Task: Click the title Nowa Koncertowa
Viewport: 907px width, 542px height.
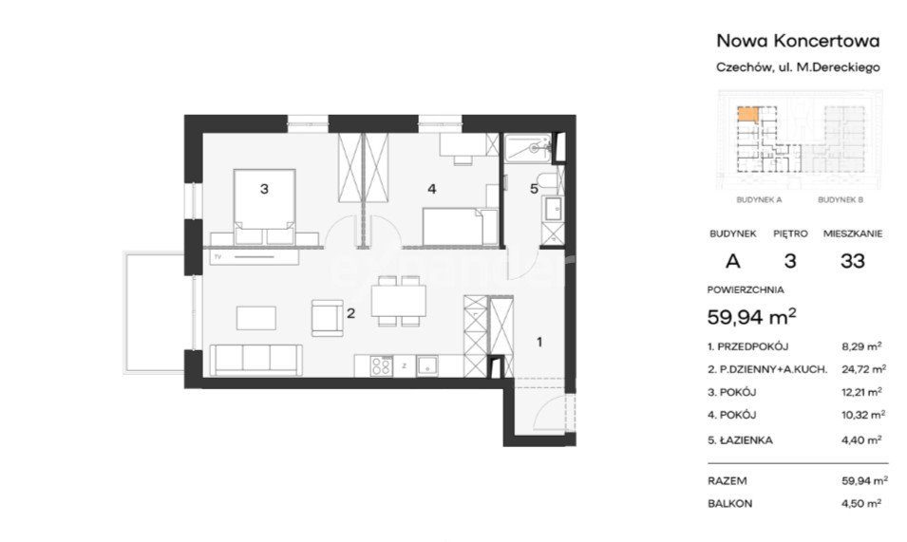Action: tap(798, 41)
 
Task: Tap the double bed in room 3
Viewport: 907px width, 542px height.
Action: tap(264, 206)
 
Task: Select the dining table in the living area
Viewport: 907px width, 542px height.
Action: tap(399, 301)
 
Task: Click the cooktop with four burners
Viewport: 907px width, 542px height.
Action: tap(381, 366)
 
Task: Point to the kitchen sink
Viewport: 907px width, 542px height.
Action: tap(427, 366)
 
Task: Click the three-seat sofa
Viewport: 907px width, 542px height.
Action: tap(255, 360)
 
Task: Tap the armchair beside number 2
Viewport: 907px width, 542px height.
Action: tap(327, 317)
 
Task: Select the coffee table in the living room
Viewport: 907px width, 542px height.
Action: tap(256, 318)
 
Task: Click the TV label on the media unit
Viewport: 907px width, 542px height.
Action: tap(218, 256)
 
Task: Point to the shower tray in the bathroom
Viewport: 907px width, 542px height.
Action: tap(528, 148)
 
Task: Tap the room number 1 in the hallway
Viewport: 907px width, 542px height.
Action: tap(539, 342)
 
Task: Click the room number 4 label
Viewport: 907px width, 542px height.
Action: tap(431, 188)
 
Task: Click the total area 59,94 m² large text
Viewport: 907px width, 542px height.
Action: tap(752, 316)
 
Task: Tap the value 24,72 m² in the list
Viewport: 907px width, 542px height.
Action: tap(864, 368)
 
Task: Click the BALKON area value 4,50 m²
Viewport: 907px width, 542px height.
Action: tap(861, 503)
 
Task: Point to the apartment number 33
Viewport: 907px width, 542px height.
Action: tap(853, 261)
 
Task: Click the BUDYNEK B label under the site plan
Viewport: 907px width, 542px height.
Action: tap(841, 200)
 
